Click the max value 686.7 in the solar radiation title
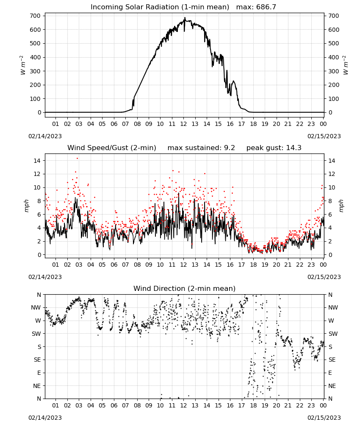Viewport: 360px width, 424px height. (x=266, y=7)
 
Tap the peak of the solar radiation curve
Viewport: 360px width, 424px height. (x=185, y=18)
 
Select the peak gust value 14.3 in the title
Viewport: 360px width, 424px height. (x=294, y=148)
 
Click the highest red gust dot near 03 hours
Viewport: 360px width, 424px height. (x=77, y=159)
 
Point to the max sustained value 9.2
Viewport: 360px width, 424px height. (x=230, y=148)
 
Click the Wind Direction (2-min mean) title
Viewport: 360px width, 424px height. (x=185, y=288)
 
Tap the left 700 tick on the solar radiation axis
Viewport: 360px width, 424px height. (x=35, y=16)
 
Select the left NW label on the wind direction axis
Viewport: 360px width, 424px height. (x=36, y=307)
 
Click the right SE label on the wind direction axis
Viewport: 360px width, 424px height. (x=332, y=360)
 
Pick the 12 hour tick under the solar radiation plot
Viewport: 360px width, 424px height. (x=183, y=124)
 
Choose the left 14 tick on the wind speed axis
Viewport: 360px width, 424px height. (x=37, y=161)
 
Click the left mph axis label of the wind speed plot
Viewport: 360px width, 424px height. (x=26, y=206)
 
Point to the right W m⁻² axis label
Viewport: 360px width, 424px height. (x=346, y=65)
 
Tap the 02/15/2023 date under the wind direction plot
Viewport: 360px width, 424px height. (x=324, y=418)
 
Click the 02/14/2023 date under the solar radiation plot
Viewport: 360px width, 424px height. (x=45, y=136)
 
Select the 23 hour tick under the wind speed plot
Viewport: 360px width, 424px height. (x=311, y=265)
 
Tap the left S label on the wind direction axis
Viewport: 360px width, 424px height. (x=39, y=347)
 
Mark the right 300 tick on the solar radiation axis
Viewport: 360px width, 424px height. (x=334, y=71)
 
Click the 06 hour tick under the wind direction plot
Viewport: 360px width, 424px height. (x=114, y=405)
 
